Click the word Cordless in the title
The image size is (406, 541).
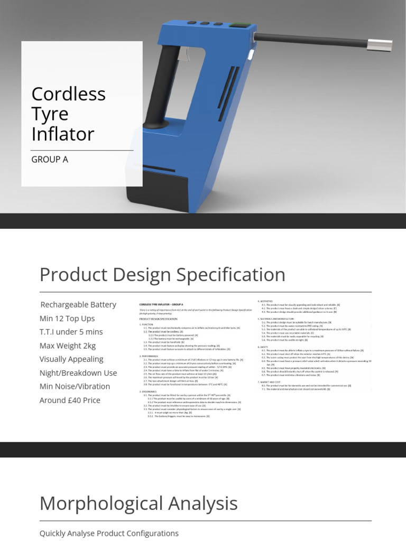(68, 94)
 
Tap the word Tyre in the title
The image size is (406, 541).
(50, 114)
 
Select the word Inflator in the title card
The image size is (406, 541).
(62, 134)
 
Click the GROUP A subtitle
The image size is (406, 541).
(50, 159)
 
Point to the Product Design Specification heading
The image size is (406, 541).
(162, 275)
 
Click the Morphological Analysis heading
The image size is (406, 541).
(139, 503)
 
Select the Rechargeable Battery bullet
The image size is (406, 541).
(78, 304)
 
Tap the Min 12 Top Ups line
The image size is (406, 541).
(67, 318)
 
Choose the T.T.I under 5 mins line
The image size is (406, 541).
(71, 332)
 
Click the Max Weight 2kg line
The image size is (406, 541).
(68, 346)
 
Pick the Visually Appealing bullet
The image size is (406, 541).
(71, 359)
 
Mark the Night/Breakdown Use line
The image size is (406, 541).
(78, 372)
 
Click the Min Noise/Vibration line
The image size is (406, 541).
(75, 386)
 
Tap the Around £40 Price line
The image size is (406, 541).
(70, 400)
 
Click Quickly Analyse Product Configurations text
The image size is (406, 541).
(109, 533)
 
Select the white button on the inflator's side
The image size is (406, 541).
(251, 54)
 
